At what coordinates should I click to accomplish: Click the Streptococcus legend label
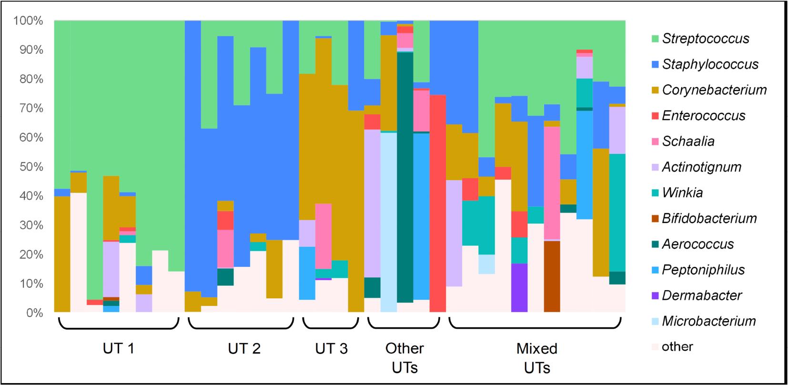coord(706,39)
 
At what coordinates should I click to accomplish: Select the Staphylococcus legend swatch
coord(655,64)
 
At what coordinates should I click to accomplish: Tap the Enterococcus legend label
coord(704,116)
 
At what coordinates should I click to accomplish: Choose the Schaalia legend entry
coord(688,142)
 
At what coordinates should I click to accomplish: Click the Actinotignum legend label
coord(702,167)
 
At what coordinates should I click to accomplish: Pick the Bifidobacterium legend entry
coord(709,218)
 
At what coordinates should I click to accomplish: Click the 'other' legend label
coord(677,346)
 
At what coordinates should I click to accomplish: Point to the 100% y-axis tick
coord(29,21)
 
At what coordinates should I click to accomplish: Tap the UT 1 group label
coord(119,349)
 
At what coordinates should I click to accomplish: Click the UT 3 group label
coord(331,349)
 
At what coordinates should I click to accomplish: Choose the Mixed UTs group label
coord(537,358)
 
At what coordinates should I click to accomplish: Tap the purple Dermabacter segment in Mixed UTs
coord(519,288)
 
